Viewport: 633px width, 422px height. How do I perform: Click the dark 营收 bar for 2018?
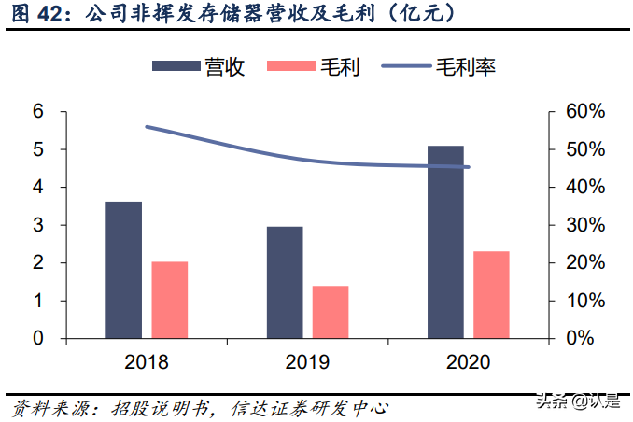coord(123,270)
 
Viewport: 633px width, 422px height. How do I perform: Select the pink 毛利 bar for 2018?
coord(169,300)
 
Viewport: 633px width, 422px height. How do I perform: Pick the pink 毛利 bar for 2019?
coord(330,312)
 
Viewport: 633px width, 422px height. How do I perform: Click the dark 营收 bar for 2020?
coord(445,242)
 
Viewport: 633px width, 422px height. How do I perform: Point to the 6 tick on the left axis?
coord(38,111)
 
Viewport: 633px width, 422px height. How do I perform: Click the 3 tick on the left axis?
coord(38,225)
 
